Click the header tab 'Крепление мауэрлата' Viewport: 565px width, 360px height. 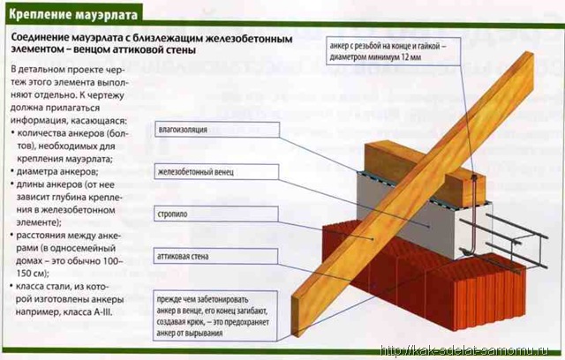click(x=73, y=14)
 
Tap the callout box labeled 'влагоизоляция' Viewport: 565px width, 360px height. click(x=217, y=130)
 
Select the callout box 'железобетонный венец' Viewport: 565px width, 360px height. click(x=216, y=172)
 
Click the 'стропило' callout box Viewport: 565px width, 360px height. click(x=216, y=214)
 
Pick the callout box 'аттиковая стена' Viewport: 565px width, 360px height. click(x=215, y=256)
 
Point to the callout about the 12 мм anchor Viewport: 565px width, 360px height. click(x=394, y=51)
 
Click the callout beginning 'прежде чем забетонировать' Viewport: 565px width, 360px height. click(x=215, y=316)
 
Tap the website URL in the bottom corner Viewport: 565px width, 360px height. click(x=465, y=351)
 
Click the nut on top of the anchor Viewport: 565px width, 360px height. click(x=475, y=176)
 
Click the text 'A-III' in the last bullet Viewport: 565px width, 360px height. click(x=102, y=312)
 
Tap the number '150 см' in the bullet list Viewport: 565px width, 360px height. click(x=32, y=274)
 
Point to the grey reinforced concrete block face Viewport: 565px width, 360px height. click(x=403, y=213)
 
